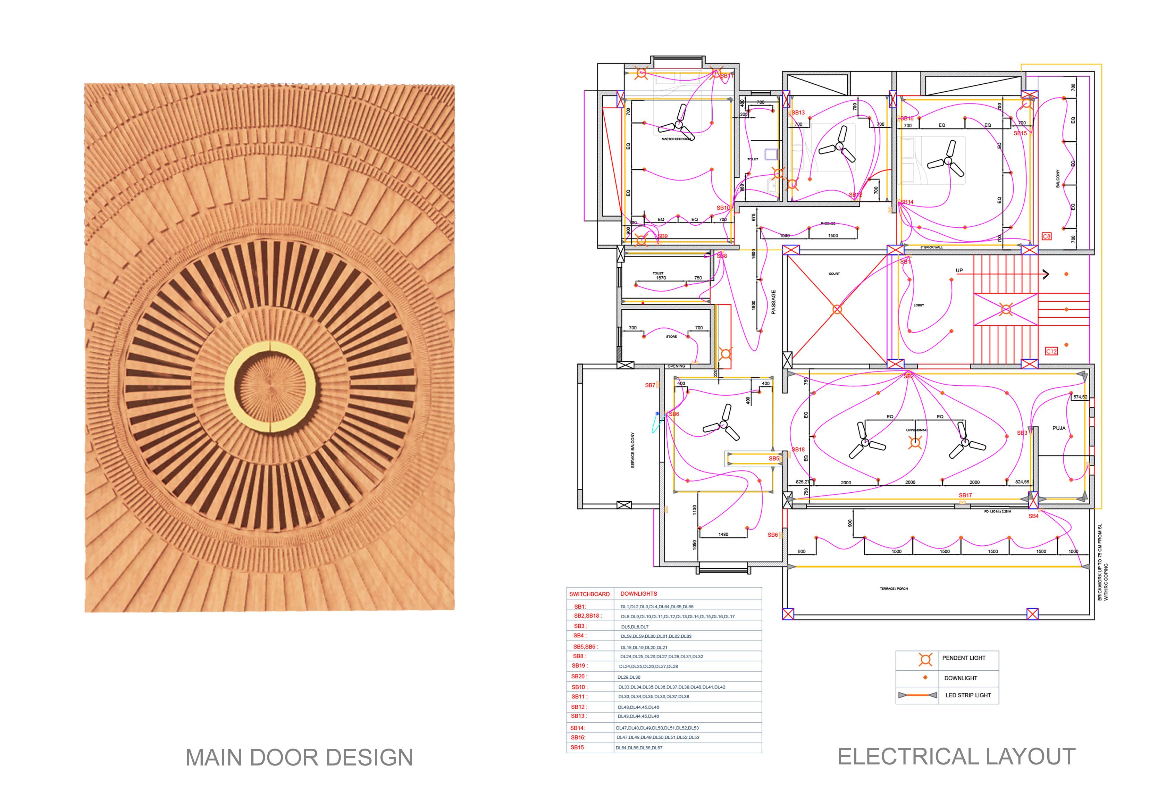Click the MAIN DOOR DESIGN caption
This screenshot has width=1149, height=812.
pyautogui.click(x=299, y=757)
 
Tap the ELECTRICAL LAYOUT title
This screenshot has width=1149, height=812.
pyautogui.click(x=956, y=756)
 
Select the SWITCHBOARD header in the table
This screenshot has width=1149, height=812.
pyautogui.click(x=589, y=594)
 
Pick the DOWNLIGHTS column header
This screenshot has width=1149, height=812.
pyautogui.click(x=639, y=594)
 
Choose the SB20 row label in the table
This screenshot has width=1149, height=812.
pyautogui.click(x=579, y=676)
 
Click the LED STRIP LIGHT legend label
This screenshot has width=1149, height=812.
pyautogui.click(x=968, y=695)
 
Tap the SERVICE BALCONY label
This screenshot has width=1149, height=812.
pyautogui.click(x=632, y=451)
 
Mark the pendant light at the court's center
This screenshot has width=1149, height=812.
pyautogui.click(x=837, y=309)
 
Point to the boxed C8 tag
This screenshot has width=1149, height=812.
pyautogui.click(x=1046, y=236)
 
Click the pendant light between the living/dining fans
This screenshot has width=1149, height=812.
pyautogui.click(x=915, y=442)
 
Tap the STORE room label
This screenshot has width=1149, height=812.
pyautogui.click(x=671, y=337)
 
